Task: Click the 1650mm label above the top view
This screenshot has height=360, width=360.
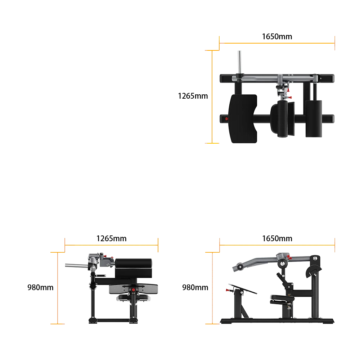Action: click(277, 36)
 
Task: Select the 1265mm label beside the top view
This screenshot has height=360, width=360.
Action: click(193, 96)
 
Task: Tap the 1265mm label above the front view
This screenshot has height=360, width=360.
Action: click(111, 239)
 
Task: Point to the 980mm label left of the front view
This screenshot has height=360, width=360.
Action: click(40, 287)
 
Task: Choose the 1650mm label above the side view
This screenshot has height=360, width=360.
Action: click(277, 239)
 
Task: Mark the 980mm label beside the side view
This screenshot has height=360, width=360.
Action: click(195, 287)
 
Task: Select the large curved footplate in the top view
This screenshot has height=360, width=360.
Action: click(243, 119)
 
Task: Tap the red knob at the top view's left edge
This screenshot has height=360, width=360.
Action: click(226, 119)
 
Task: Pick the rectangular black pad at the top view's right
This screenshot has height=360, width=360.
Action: click(314, 119)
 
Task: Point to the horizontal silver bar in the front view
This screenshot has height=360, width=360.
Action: click(77, 266)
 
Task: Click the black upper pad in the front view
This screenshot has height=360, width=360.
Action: click(134, 268)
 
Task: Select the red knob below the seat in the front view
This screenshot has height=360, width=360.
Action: click(134, 290)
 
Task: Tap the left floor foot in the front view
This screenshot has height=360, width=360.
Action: click(93, 320)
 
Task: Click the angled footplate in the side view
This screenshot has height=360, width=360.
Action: click(244, 289)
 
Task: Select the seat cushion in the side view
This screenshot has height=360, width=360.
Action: click(282, 298)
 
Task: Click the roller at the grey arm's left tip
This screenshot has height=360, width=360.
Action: click(239, 267)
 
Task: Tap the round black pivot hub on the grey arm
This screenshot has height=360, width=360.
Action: click(283, 264)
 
